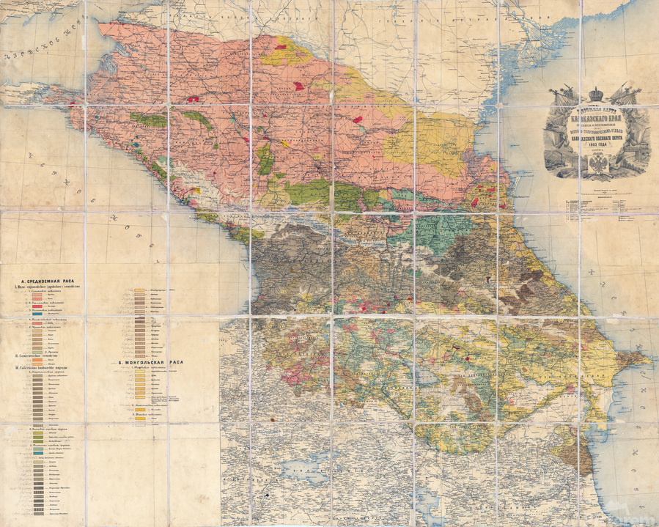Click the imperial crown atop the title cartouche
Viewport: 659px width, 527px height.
point(596,94)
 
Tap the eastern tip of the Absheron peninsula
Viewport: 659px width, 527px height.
point(649,359)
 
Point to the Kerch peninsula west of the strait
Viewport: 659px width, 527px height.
point(29,92)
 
